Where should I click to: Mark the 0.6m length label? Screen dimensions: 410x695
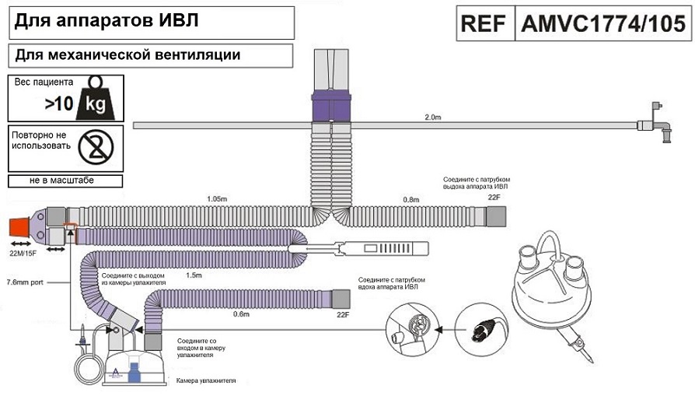(x=241, y=314)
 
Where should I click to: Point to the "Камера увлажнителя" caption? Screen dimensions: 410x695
(x=205, y=380)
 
